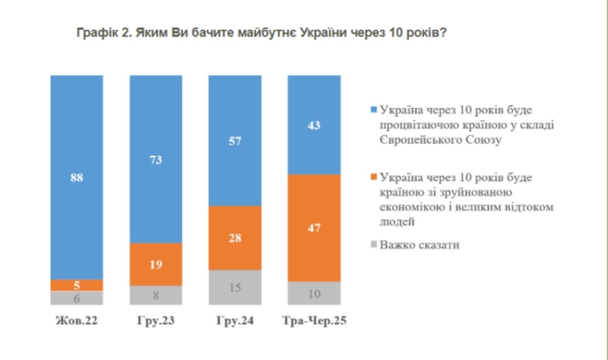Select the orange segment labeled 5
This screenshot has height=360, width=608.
[77, 285]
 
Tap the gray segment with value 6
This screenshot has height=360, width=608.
[77, 298]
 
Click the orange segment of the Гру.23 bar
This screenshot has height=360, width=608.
[156, 264]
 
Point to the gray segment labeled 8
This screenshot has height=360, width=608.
[156, 295]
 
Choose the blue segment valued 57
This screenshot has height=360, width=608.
[235, 141]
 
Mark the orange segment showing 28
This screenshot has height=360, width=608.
[235, 238]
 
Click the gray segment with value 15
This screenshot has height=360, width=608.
[235, 287]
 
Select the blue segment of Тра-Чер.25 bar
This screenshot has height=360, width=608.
[314, 125]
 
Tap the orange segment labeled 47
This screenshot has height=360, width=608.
[314, 228]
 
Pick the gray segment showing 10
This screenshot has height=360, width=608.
[314, 293]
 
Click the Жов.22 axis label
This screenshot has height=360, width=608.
[77, 321]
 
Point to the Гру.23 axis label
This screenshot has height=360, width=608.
[156, 321]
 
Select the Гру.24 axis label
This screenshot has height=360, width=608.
[235, 321]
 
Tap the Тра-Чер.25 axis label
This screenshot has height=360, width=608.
[314, 321]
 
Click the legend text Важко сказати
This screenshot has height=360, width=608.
[419, 245]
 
